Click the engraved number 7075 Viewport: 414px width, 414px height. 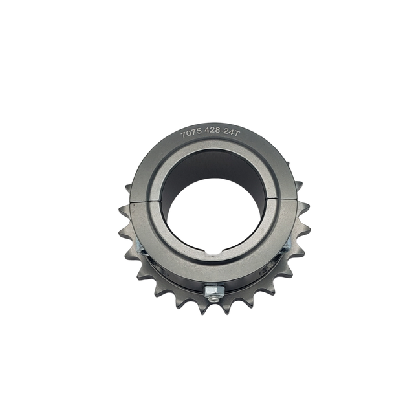pyautogui.click(x=192, y=134)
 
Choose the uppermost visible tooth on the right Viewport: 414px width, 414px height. pyautogui.click(x=299, y=186)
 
